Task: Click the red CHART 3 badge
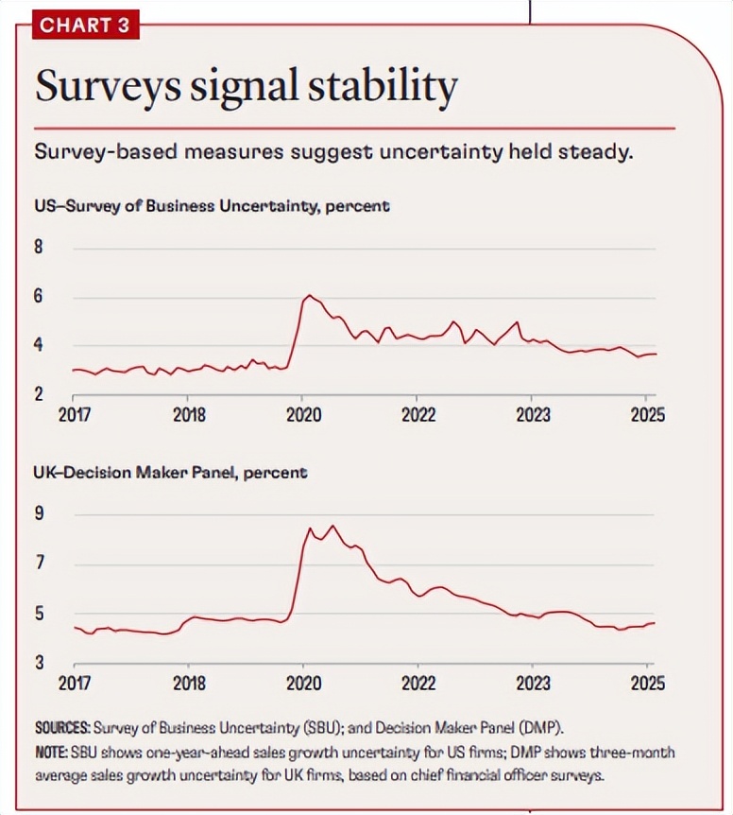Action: click(x=84, y=25)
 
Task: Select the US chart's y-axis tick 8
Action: click(x=40, y=249)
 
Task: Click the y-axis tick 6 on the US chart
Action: click(x=40, y=297)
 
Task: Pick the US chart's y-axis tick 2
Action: click(x=40, y=393)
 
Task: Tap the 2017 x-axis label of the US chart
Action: click(x=74, y=414)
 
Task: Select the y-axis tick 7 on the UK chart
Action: click(x=40, y=564)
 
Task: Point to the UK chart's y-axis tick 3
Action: click(x=40, y=662)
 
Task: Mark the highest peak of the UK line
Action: click(x=332, y=526)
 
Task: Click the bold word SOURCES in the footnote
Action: click(x=61, y=729)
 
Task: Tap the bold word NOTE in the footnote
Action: click(x=51, y=751)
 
